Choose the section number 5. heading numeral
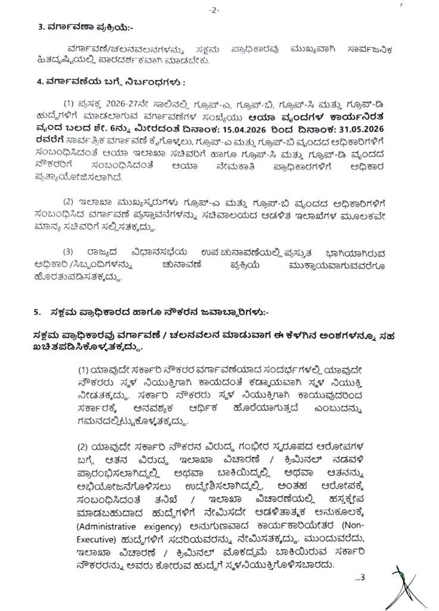pyautogui.click(x=37, y=312)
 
